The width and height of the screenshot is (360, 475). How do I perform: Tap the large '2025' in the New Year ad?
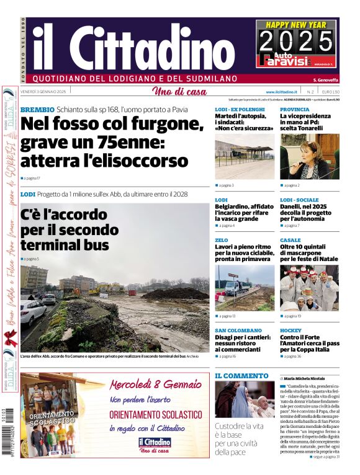(x=296, y=42)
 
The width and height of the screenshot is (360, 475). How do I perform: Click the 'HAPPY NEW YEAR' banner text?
(x=296, y=25)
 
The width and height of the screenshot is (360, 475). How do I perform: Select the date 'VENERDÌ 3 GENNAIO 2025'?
(x=43, y=92)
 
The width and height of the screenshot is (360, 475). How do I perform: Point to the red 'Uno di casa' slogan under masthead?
(x=179, y=92)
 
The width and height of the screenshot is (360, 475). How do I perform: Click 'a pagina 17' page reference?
(x=31, y=178)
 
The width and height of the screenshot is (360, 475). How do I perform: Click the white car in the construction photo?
(x=32, y=312)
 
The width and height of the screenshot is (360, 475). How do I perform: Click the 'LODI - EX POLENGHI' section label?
(x=240, y=110)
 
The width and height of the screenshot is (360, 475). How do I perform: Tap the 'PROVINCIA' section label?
(x=294, y=110)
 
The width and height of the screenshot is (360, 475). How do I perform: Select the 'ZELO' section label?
(x=222, y=240)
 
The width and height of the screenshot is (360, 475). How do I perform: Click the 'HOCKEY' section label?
(x=290, y=331)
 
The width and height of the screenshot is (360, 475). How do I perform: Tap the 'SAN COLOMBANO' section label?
(x=238, y=331)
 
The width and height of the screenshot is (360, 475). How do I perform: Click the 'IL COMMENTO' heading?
(x=241, y=376)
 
